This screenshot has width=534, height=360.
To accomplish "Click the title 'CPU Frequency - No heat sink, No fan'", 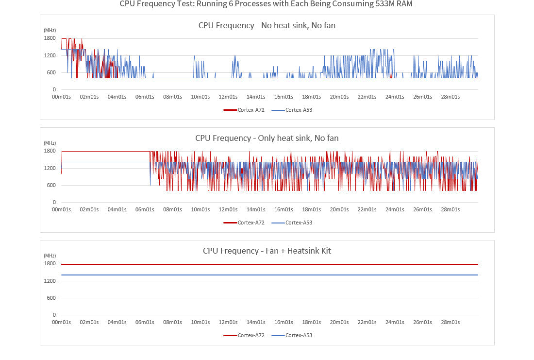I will pyautogui.click(x=267, y=25).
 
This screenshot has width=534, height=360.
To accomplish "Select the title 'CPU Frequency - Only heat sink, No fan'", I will pyautogui.click(x=267, y=138).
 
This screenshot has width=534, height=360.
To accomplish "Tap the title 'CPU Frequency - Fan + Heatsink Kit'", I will pyautogui.click(x=267, y=251).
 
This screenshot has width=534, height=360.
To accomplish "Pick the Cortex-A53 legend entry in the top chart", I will pyautogui.click(x=292, y=110).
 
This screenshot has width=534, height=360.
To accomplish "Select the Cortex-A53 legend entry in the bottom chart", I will pyautogui.click(x=292, y=335).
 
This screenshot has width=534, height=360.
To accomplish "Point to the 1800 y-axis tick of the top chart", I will pyautogui.click(x=50, y=38).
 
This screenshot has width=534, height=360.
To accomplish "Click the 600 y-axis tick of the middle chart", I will pyautogui.click(x=51, y=185).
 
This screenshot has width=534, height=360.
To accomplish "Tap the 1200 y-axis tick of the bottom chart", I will pyautogui.click(x=50, y=281).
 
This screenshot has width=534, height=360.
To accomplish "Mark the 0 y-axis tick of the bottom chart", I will pyautogui.click(x=54, y=315).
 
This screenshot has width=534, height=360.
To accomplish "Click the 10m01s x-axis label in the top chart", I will pyautogui.click(x=200, y=97).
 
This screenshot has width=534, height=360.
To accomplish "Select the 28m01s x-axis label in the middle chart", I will pyautogui.click(x=450, y=209).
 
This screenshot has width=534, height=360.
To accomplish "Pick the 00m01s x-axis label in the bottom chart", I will pyautogui.click(x=61, y=322).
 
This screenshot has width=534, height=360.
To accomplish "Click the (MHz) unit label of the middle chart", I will pyautogui.click(x=50, y=143).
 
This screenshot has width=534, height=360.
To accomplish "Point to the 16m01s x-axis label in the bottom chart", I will pyautogui.click(x=283, y=322).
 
